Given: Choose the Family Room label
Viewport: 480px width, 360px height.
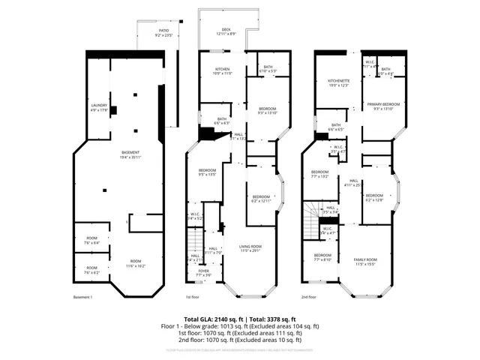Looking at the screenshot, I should point(365,261).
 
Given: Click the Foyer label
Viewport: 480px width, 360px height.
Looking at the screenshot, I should point(204,273).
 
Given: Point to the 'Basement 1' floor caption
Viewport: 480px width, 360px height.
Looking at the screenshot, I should point(82,298).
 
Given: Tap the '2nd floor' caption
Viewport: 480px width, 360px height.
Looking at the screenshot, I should point(308,298).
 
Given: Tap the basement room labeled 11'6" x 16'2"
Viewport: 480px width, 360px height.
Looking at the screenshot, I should point(136,262).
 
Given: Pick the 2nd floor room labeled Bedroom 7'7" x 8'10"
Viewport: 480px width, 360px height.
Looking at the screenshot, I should point(323,257).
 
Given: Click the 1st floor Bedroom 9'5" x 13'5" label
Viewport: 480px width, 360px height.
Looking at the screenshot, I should point(206,172).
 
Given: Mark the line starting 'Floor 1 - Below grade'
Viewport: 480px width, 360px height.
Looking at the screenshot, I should point(240,326).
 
